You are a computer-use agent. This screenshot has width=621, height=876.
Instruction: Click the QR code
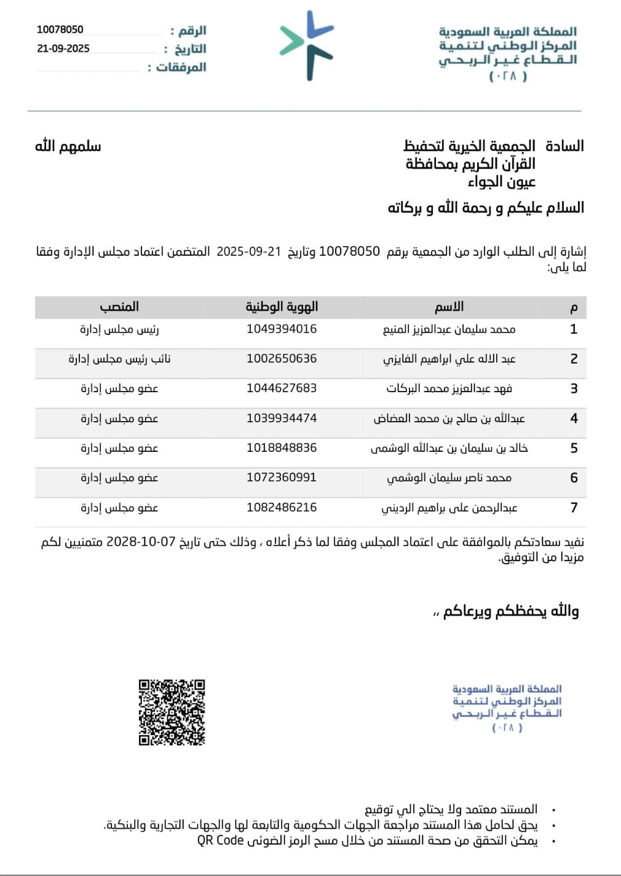(x=172, y=712)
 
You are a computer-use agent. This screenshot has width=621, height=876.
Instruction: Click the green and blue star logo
(x=307, y=45)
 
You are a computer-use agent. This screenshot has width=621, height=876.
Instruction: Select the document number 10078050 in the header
(x=60, y=30)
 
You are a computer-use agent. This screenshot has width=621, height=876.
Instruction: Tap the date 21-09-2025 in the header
(x=63, y=49)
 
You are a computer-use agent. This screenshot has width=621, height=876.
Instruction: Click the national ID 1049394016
(x=282, y=329)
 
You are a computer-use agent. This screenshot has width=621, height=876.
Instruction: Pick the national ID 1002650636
(x=282, y=358)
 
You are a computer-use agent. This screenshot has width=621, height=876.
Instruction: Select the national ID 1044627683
(x=282, y=388)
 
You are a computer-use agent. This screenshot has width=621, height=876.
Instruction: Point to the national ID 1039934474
(x=282, y=418)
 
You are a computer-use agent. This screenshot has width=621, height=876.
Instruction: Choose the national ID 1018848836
(x=282, y=448)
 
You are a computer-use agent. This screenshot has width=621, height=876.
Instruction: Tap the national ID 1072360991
(x=282, y=477)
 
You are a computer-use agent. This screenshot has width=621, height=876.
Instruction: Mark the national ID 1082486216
(x=282, y=507)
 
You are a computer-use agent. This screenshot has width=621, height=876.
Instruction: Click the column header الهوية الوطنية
(x=282, y=306)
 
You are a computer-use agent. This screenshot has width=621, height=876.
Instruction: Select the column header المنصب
(x=119, y=306)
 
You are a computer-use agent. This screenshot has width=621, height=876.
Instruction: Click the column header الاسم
(x=449, y=306)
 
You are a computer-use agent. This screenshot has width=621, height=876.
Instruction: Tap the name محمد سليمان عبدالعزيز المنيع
(x=449, y=329)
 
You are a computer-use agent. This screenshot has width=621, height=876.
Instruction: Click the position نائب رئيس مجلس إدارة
(x=119, y=358)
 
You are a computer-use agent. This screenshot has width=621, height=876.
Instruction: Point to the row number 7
(x=574, y=507)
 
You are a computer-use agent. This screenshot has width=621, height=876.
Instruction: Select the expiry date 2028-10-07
(x=141, y=542)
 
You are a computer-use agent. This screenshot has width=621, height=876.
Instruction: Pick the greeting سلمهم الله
(x=68, y=146)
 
